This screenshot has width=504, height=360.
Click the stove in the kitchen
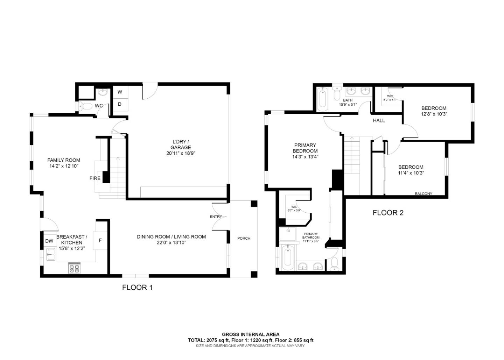(x=74, y=268)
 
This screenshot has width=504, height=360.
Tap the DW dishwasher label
(x=49, y=241)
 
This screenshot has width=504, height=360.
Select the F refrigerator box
(x=100, y=240)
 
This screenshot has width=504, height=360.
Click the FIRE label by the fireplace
(x=95, y=178)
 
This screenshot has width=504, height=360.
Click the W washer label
(x=120, y=92)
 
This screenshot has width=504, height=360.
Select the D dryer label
(x=120, y=104)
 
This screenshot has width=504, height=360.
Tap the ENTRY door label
(x=216, y=217)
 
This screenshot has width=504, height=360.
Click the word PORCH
(x=244, y=238)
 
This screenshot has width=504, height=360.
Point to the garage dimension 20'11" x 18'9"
(x=181, y=153)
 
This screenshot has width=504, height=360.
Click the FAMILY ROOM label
(x=64, y=160)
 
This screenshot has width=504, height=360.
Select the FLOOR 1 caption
(x=137, y=288)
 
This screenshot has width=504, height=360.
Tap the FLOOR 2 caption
(x=388, y=213)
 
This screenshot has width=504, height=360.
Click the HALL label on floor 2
(x=379, y=120)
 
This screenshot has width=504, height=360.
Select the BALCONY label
(x=423, y=193)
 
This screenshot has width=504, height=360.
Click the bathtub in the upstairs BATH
(x=323, y=98)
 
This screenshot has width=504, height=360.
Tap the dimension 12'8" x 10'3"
(x=434, y=114)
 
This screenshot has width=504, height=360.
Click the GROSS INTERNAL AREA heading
(x=251, y=334)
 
